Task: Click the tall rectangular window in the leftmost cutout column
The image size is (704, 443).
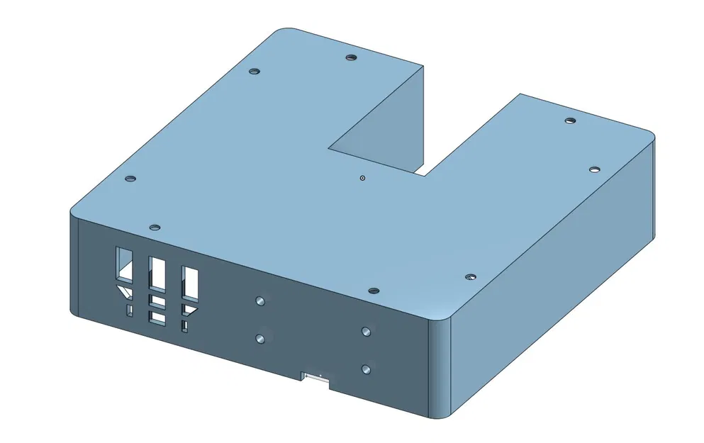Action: point(124,263)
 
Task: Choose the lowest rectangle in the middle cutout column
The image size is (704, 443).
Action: point(156,318)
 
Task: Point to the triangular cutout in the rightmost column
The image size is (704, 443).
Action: point(189,309)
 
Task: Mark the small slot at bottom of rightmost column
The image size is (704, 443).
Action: point(185,326)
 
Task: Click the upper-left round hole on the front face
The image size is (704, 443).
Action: point(260,301)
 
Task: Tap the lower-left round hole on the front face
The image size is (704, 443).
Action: point(262,339)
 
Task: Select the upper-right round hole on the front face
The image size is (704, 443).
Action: point(366,331)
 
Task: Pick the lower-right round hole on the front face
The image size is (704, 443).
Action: point(366,369)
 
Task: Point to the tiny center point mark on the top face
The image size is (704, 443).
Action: point(362,178)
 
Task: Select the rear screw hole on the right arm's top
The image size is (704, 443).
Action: point(569,121)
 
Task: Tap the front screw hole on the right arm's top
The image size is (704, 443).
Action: point(594,169)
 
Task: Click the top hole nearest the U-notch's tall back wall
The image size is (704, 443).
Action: point(350,57)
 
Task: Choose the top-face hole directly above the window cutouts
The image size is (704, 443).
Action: point(155,228)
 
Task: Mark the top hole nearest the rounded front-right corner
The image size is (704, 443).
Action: point(469,277)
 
